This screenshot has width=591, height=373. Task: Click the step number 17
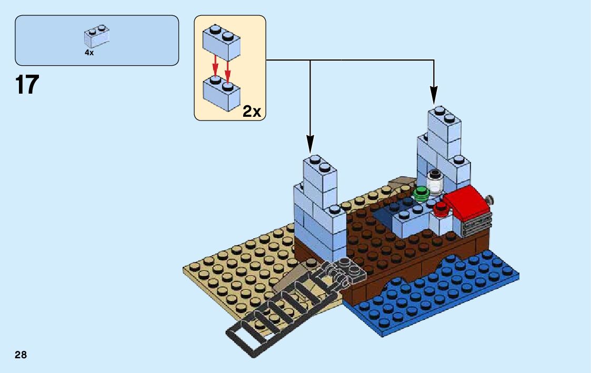(x=27, y=85)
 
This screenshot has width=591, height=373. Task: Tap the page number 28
(x=21, y=355)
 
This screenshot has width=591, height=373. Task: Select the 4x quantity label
(x=89, y=53)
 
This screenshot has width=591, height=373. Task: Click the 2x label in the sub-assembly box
(x=251, y=111)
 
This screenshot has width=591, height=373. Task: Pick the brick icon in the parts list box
(x=96, y=36)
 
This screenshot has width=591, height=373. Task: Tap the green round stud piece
(x=421, y=193)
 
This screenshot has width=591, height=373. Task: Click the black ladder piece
(x=274, y=310)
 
